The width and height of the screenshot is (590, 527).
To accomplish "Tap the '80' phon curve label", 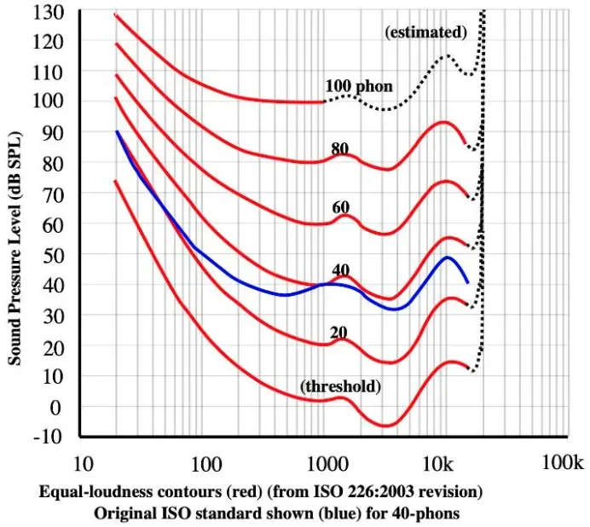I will point(340,149).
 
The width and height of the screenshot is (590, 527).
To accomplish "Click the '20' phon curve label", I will point(339,332).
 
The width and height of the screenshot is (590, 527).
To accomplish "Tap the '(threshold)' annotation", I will point(340,386).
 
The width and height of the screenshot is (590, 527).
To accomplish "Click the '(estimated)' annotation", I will point(426,32).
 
